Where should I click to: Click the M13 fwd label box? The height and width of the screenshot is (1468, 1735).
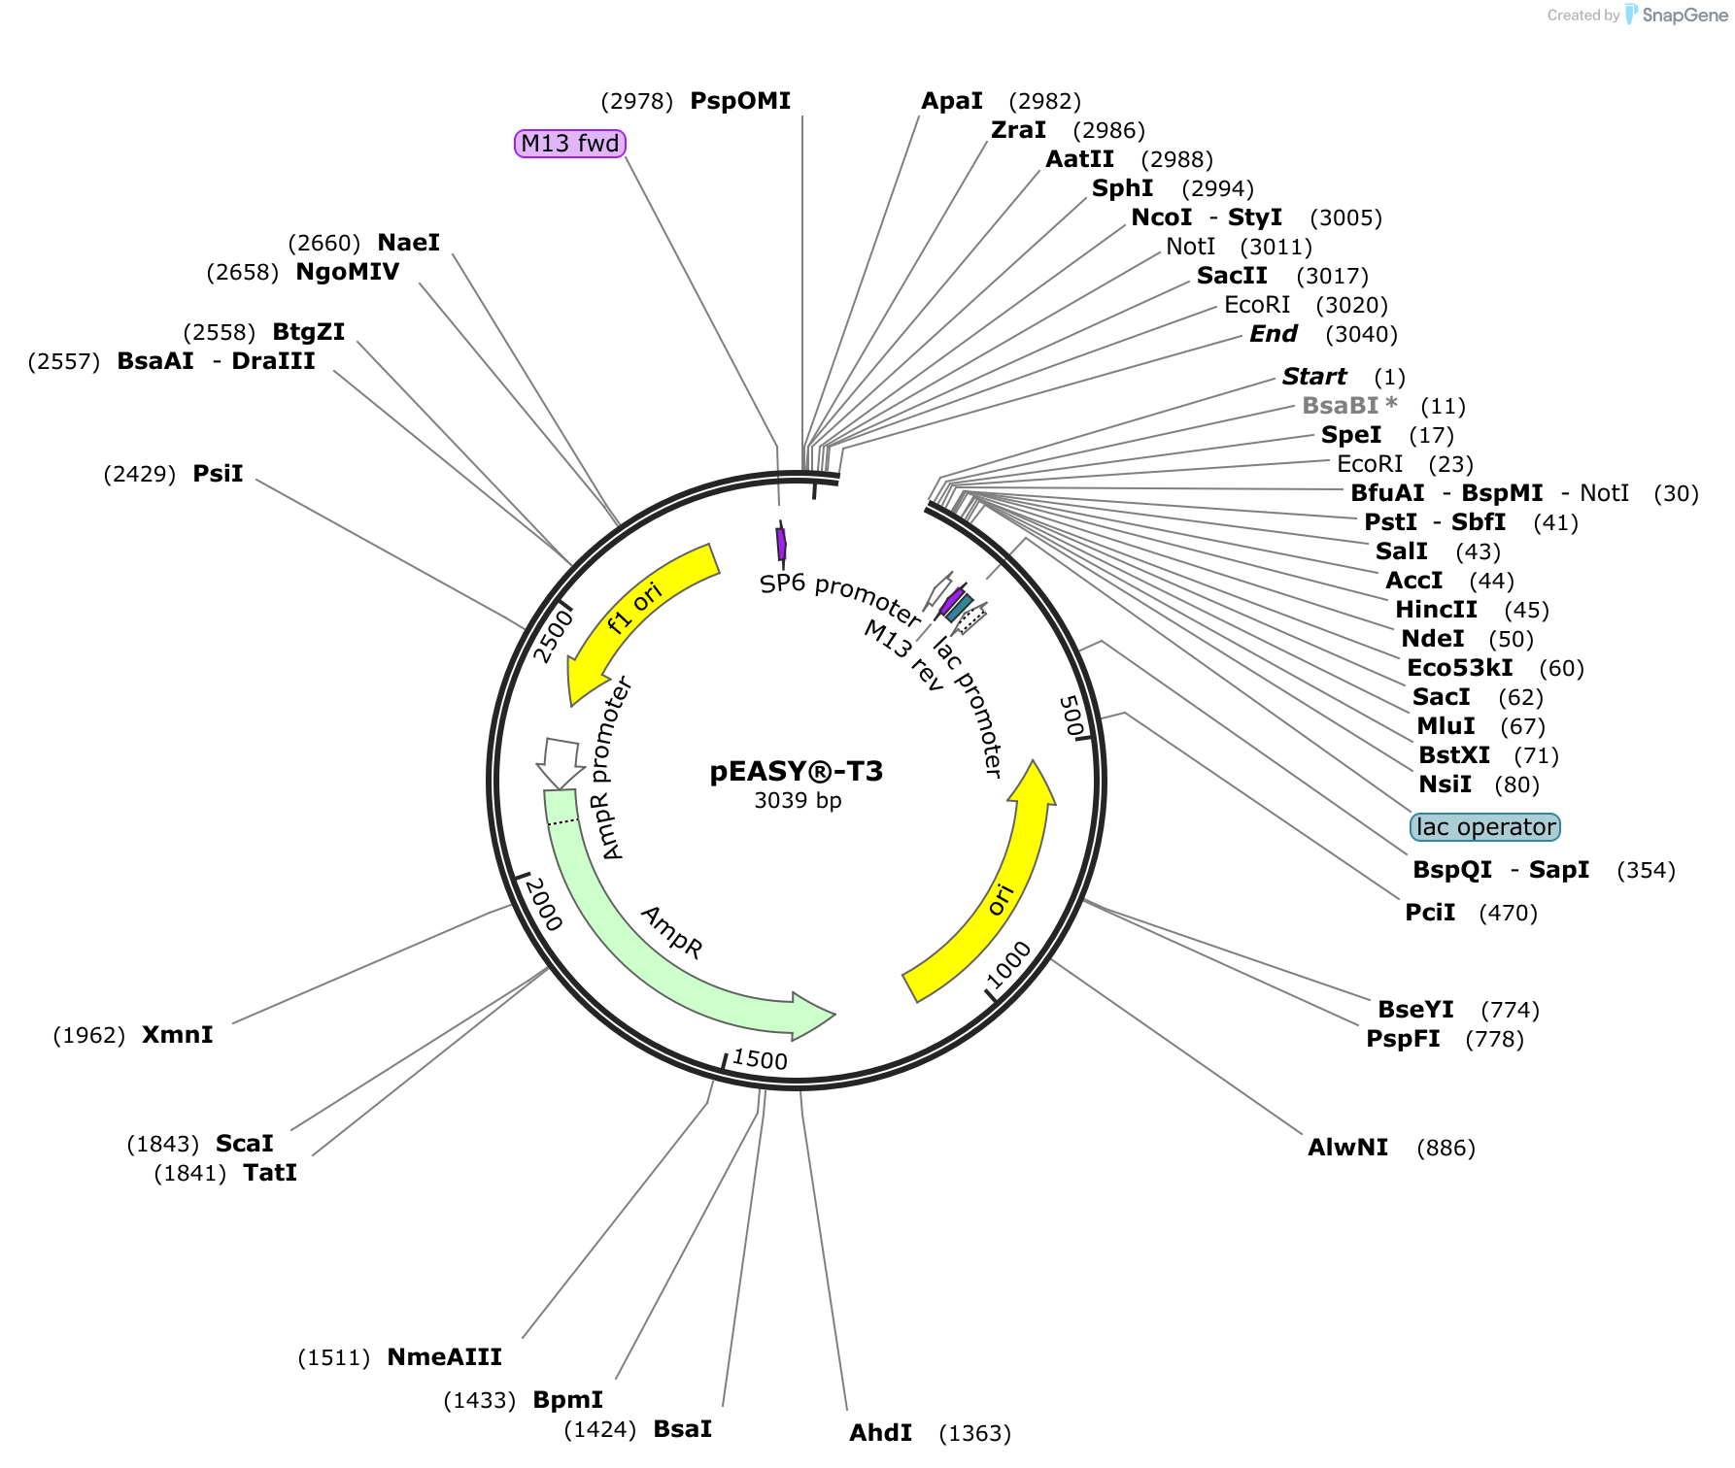[x=570, y=144]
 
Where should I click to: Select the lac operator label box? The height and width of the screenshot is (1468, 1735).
[x=1485, y=827]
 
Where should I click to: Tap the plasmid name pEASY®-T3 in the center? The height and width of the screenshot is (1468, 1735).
[x=797, y=772]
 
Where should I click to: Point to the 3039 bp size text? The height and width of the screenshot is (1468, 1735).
[x=798, y=801]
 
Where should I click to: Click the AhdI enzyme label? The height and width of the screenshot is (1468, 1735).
[x=880, y=1433]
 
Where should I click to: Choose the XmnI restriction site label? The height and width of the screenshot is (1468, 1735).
[x=178, y=1035]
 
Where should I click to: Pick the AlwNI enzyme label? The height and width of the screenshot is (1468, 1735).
[x=1347, y=1148]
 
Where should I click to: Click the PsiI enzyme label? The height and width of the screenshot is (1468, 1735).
[x=218, y=474]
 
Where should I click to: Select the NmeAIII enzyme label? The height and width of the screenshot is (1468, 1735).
[x=444, y=1357]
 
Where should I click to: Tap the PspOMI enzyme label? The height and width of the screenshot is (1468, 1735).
[x=740, y=101]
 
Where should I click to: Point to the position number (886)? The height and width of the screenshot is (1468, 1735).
[x=1446, y=1149]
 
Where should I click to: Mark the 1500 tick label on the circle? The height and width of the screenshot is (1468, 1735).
[x=760, y=1059]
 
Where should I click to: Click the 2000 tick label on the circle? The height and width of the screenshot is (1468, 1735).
[x=543, y=904]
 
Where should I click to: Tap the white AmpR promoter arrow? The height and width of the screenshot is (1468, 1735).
[x=561, y=762]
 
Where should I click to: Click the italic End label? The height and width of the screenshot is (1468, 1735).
[x=1274, y=334]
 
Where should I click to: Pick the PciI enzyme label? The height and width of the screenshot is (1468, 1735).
[x=1430, y=913]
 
